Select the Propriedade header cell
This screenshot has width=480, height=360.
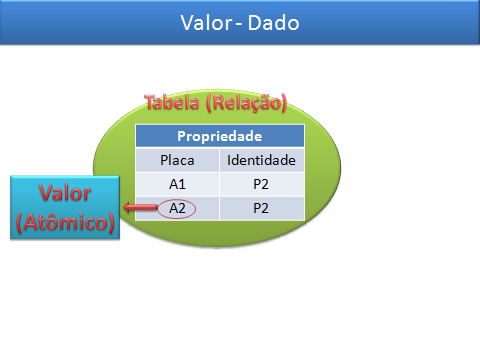click(x=219, y=136)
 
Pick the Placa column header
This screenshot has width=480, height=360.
click(x=177, y=160)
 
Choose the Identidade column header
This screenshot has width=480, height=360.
click(x=261, y=160)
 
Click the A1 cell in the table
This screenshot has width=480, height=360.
click(x=177, y=184)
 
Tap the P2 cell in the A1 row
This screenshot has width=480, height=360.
click(x=261, y=184)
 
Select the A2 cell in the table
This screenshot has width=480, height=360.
click(x=177, y=208)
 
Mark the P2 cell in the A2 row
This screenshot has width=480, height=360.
click(x=261, y=208)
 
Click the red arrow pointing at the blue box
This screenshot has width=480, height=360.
click(x=140, y=208)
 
